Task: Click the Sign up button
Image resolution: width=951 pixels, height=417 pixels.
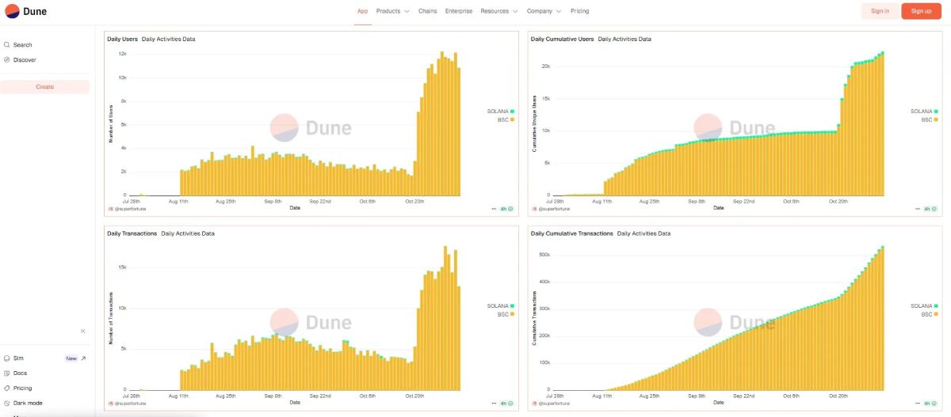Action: [921, 11]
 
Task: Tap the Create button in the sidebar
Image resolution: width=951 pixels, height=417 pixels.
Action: [45, 87]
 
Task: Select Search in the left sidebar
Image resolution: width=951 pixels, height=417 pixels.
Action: [22, 45]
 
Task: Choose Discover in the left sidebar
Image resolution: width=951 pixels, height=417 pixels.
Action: [24, 60]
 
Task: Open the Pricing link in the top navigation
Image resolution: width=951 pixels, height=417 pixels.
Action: [579, 11]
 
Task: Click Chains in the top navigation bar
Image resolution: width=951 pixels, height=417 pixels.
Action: [427, 11]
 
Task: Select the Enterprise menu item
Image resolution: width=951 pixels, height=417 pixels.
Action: [459, 11]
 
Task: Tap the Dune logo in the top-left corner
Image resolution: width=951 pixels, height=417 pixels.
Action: [25, 11]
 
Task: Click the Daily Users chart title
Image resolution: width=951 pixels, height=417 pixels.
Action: [122, 39]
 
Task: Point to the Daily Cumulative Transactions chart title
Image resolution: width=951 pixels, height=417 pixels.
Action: [571, 233]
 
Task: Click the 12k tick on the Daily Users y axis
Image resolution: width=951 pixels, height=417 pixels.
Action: [123, 54]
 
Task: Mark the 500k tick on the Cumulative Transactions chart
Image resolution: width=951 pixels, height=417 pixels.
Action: [544, 255]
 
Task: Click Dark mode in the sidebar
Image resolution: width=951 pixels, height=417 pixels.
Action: [28, 403]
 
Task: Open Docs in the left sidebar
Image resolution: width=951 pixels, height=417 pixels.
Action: [20, 373]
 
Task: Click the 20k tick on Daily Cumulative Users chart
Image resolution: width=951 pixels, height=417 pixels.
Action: [545, 66]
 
